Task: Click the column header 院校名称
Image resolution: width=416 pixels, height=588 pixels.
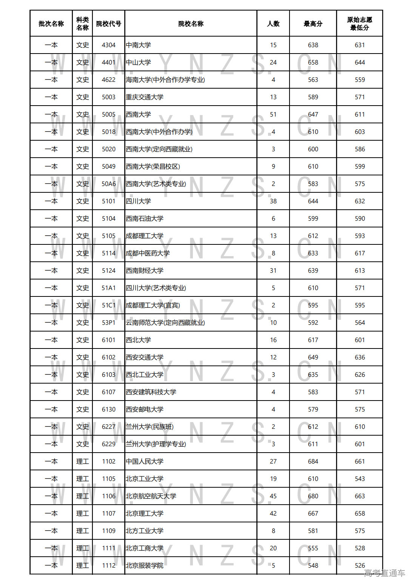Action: (x=191, y=24)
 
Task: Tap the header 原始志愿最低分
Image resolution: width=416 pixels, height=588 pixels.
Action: (x=359, y=24)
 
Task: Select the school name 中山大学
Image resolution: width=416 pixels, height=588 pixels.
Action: (x=139, y=63)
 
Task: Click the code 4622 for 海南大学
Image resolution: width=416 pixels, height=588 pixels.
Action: (x=108, y=80)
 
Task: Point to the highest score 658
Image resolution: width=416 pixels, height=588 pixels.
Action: (x=313, y=63)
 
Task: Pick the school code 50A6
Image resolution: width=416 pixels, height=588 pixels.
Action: (x=108, y=184)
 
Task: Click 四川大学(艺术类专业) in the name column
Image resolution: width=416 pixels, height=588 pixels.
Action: (x=156, y=288)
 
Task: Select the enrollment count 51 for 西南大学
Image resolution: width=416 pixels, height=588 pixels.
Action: (x=273, y=115)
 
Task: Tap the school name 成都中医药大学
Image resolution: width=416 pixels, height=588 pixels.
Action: (x=148, y=253)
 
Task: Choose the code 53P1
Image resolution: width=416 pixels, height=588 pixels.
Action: (x=108, y=323)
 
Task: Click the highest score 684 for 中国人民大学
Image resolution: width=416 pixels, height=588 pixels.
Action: (x=313, y=462)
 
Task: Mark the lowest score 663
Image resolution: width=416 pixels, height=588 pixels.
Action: (x=360, y=496)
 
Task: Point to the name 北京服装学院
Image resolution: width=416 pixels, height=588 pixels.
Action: (x=145, y=566)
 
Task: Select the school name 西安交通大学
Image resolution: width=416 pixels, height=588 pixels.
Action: (x=145, y=358)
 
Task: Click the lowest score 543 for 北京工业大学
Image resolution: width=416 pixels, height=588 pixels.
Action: (x=360, y=479)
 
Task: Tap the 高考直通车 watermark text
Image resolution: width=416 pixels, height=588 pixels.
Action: (x=384, y=573)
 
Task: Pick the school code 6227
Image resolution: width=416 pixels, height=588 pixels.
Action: (x=108, y=427)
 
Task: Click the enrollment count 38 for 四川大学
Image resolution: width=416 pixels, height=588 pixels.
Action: (x=273, y=201)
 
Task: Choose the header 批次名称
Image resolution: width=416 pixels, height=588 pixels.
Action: (x=51, y=24)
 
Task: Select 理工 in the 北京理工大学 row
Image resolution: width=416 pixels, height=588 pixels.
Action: (x=82, y=514)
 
